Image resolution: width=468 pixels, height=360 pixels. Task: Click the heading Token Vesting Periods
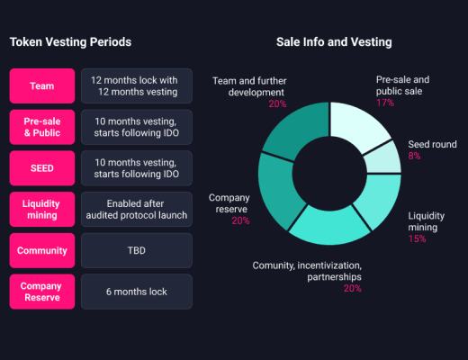(70, 42)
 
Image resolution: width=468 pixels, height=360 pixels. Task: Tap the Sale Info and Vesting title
(334, 42)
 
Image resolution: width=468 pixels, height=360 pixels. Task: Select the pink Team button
(40, 86)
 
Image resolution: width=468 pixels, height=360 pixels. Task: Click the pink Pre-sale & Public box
(40, 127)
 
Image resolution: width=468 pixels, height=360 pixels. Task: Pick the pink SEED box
(40, 168)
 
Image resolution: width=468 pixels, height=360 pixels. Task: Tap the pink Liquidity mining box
(40, 209)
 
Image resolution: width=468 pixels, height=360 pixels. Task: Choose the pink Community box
(40, 250)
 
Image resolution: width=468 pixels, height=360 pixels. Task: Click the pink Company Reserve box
(40, 292)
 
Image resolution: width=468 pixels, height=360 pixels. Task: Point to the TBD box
(136, 250)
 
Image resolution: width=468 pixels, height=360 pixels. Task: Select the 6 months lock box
(136, 292)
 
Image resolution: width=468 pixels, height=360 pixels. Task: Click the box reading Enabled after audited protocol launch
(136, 209)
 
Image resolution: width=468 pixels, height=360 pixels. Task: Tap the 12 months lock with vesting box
(136, 86)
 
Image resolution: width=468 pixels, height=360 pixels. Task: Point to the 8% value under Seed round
(414, 156)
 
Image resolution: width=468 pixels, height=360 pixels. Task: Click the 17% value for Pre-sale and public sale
(385, 103)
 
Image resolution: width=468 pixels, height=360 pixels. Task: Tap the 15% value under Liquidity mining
(417, 238)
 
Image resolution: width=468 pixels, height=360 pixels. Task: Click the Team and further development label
(249, 85)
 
